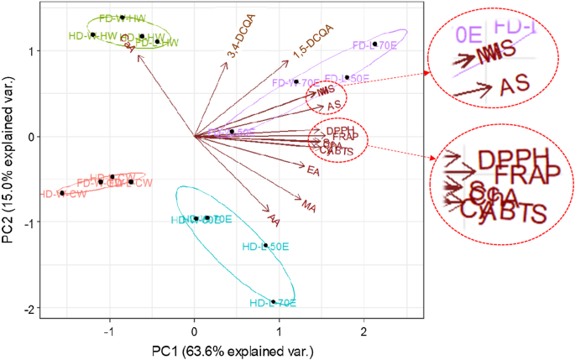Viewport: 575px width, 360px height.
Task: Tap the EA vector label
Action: click(x=313, y=170)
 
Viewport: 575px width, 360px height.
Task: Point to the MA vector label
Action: click(x=309, y=205)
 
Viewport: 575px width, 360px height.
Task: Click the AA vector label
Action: click(x=273, y=220)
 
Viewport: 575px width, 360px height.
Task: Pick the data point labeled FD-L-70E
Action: click(x=374, y=44)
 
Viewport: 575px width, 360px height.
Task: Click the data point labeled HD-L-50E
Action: click(x=265, y=246)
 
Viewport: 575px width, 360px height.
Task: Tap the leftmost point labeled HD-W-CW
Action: click(x=62, y=193)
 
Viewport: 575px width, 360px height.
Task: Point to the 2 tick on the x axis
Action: click(x=363, y=330)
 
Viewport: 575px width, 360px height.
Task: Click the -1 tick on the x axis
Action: click(x=109, y=330)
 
